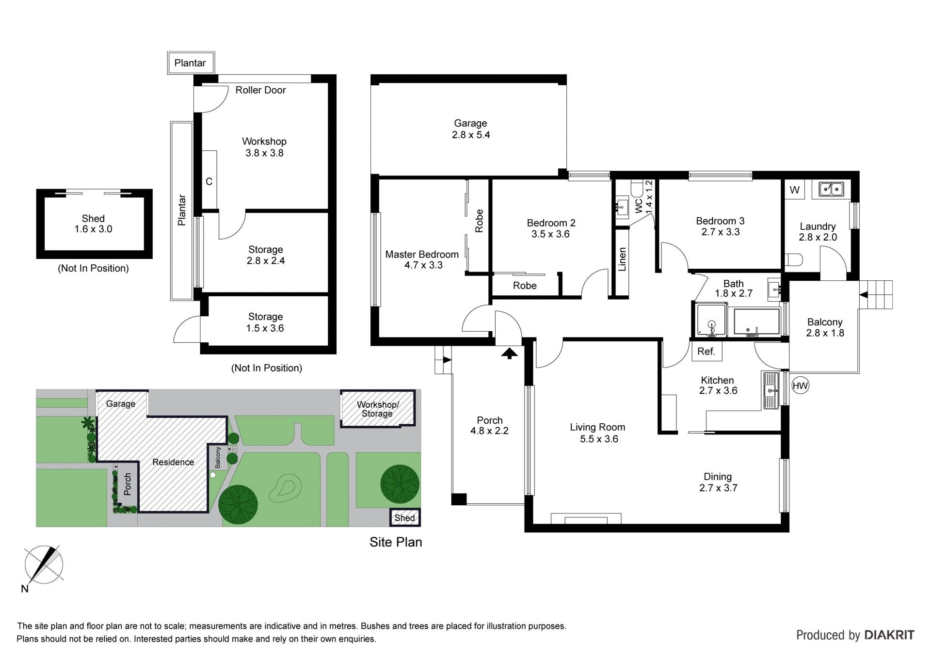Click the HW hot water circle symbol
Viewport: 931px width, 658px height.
(x=800, y=386)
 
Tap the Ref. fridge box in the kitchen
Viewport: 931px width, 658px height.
(x=706, y=352)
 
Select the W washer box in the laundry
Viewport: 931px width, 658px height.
(x=794, y=190)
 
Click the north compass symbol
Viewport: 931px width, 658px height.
(x=44, y=565)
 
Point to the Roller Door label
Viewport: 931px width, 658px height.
(x=260, y=90)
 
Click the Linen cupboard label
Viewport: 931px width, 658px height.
(x=623, y=259)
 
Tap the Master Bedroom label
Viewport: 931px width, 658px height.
(x=422, y=255)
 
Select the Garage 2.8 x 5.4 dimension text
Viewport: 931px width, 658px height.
(x=471, y=135)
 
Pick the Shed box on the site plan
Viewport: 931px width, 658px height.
(x=405, y=518)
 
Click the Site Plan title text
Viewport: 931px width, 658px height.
(x=396, y=542)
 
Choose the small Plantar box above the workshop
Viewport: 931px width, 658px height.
(x=191, y=63)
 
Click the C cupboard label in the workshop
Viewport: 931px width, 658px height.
(x=209, y=182)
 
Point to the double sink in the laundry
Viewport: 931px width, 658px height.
(x=832, y=189)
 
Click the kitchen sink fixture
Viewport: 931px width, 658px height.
(x=770, y=390)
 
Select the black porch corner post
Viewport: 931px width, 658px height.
(x=459, y=500)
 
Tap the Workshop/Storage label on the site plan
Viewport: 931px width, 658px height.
(x=377, y=409)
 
